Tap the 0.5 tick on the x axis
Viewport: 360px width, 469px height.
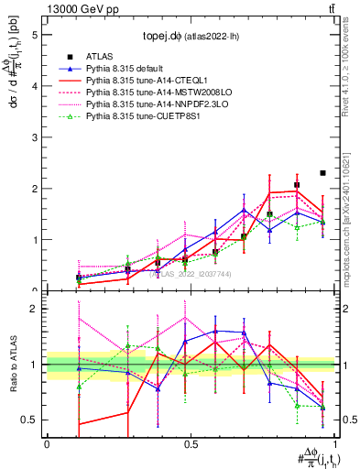click(191, 443)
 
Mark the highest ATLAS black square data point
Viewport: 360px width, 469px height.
click(322, 173)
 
